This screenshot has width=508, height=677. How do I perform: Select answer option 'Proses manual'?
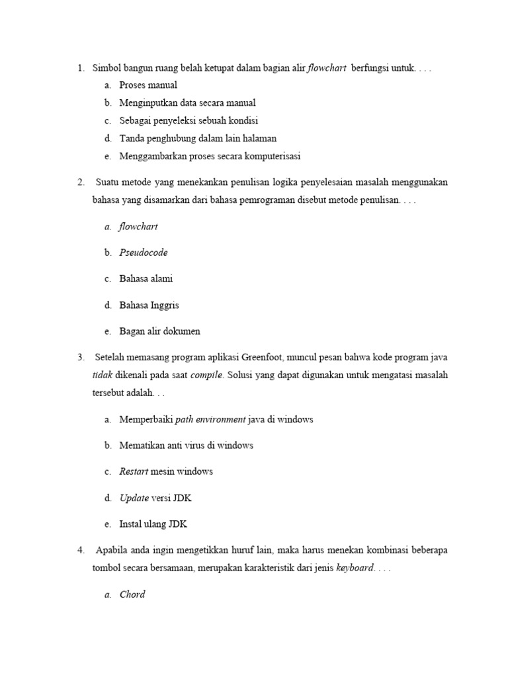pyautogui.click(x=148, y=85)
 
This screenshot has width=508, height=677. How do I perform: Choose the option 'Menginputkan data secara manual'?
pyautogui.click(x=187, y=103)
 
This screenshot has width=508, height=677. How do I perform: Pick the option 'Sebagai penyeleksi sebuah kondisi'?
pyautogui.click(x=189, y=121)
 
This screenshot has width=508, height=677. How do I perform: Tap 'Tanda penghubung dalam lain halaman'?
pyautogui.click(x=198, y=138)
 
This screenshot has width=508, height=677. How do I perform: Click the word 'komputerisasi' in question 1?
pyautogui.click(x=273, y=156)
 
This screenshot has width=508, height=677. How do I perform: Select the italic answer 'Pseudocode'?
pyautogui.click(x=144, y=253)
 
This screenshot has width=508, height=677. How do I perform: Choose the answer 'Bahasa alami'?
pyautogui.click(x=146, y=279)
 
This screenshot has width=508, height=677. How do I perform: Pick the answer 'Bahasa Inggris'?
pyautogui.click(x=149, y=305)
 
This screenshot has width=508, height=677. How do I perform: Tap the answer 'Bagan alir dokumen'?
pyautogui.click(x=159, y=331)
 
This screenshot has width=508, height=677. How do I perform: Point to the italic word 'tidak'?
pyautogui.click(x=103, y=376)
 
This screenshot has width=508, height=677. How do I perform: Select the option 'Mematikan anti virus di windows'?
pyautogui.click(x=186, y=446)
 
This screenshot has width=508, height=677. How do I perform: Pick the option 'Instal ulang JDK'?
pyautogui.click(x=153, y=524)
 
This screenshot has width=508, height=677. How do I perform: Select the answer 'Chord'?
pyautogui.click(x=132, y=594)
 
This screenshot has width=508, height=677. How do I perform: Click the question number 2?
pyautogui.click(x=80, y=182)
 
